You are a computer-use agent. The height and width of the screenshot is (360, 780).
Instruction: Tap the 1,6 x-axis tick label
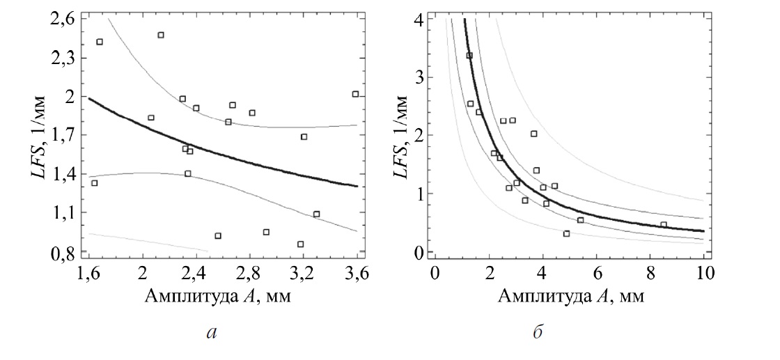[x=88, y=274]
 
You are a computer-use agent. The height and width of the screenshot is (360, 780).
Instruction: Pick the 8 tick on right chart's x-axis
[x=650, y=274]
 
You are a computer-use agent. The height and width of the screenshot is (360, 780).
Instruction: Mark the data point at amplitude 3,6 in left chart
[x=355, y=94]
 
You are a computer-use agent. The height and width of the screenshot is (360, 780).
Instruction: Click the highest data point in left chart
[x=161, y=35]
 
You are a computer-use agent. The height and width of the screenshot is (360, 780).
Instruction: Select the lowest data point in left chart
[x=300, y=244]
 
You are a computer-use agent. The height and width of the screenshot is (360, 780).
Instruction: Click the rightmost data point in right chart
[x=664, y=225]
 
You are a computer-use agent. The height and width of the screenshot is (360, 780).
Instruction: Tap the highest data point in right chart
[x=469, y=55]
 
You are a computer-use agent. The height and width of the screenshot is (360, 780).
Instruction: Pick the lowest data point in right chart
[x=566, y=234]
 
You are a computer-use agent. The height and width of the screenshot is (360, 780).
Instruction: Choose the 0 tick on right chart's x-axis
[x=435, y=274]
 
